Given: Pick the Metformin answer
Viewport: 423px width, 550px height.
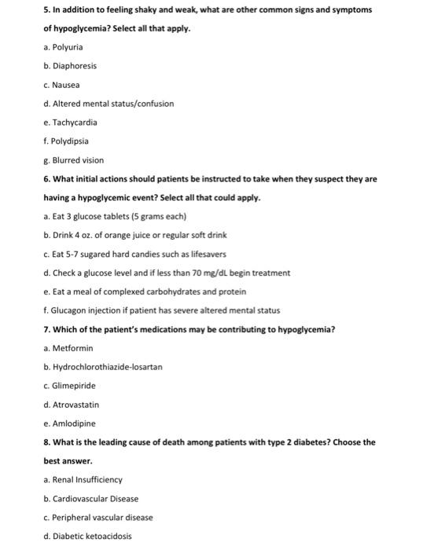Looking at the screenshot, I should tap(68, 348).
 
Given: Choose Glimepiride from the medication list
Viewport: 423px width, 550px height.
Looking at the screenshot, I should tap(72, 386).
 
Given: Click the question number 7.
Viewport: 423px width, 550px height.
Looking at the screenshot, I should tap(46, 329).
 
